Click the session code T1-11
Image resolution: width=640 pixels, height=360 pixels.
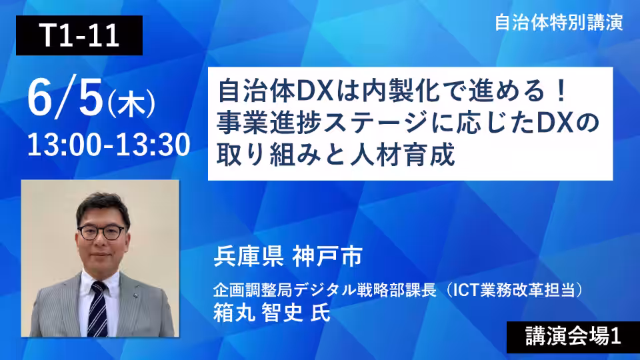coord(79,35)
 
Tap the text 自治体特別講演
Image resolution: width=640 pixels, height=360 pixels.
coord(559,23)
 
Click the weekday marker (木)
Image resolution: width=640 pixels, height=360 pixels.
coord(131,104)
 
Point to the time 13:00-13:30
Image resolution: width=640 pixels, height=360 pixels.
coord(109,145)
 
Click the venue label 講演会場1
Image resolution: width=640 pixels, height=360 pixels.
coord(573,337)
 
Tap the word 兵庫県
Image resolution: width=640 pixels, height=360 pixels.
coord(249,256)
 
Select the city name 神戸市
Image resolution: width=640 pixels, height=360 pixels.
coord(327,256)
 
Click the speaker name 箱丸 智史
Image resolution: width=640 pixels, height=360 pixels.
coord(258,313)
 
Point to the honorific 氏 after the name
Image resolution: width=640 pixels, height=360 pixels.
coord(321,313)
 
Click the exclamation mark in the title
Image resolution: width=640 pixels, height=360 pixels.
coord(561,91)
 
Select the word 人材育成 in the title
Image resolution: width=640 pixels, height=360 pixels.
coord(403,155)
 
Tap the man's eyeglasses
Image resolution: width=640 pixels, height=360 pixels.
coord(101,232)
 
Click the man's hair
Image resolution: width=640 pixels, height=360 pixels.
coord(103,205)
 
